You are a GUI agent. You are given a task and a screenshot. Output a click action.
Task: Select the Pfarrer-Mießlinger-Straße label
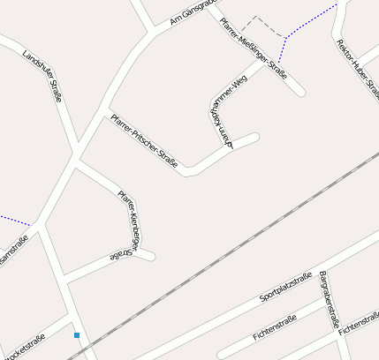click(253, 49)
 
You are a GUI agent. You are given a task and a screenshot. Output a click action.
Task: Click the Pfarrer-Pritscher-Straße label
click(144, 140)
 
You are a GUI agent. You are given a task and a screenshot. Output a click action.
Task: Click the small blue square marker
click(77, 335)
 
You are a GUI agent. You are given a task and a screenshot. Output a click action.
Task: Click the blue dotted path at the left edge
click(13, 219)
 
